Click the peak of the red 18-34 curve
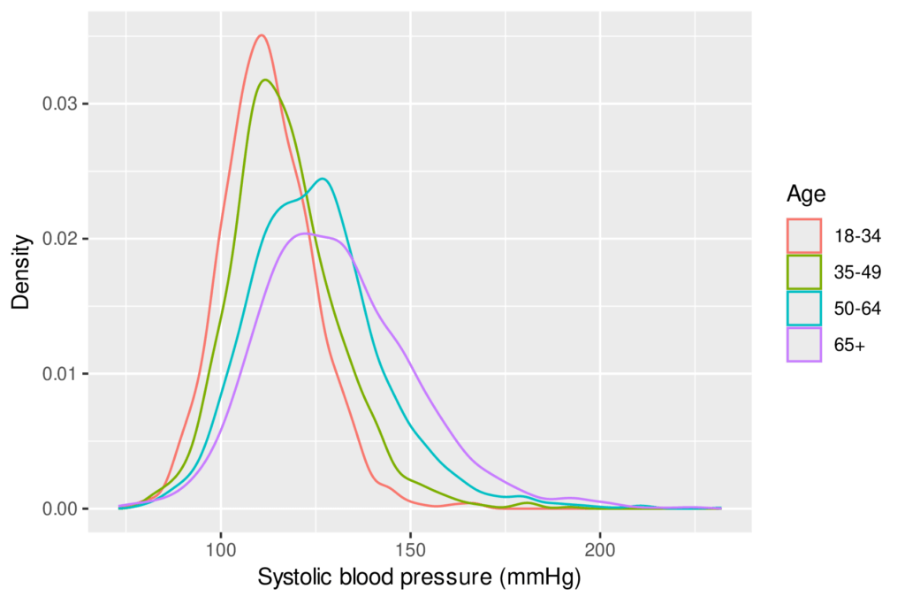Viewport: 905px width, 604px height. click(261, 35)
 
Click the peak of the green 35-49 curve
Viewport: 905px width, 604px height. click(265, 80)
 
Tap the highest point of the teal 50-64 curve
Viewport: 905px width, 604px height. click(323, 179)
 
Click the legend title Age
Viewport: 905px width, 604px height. click(805, 194)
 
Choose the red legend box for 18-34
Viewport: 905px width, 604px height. click(803, 236)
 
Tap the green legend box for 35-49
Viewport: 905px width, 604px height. click(803, 271)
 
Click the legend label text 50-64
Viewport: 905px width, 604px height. click(856, 308)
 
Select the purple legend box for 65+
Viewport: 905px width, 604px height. click(803, 344)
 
